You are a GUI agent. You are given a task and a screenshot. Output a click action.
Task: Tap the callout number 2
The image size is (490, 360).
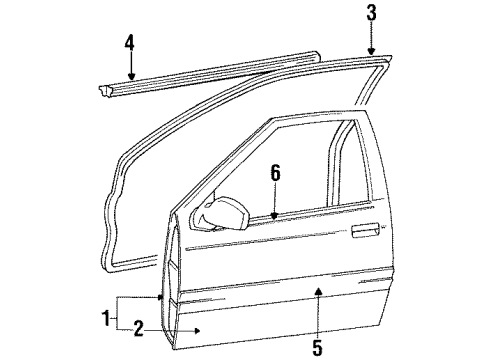(140, 327)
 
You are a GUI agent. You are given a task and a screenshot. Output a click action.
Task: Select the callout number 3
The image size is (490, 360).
(371, 13)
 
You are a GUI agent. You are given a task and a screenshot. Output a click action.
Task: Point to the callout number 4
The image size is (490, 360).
(129, 43)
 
